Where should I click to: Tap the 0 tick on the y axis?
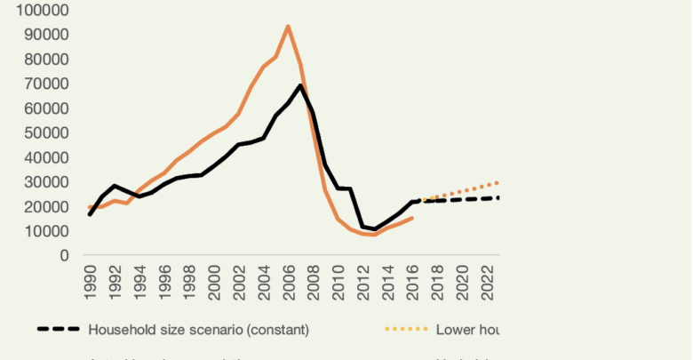(x=64, y=256)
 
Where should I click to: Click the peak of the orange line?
(x=288, y=26)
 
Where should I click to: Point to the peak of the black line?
(x=301, y=84)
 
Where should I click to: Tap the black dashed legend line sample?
(x=59, y=329)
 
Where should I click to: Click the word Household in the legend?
(x=120, y=329)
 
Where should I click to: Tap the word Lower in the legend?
(x=454, y=329)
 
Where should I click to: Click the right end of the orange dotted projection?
(x=498, y=182)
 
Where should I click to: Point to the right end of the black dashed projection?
(x=498, y=197)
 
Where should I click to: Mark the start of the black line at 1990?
(x=90, y=214)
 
